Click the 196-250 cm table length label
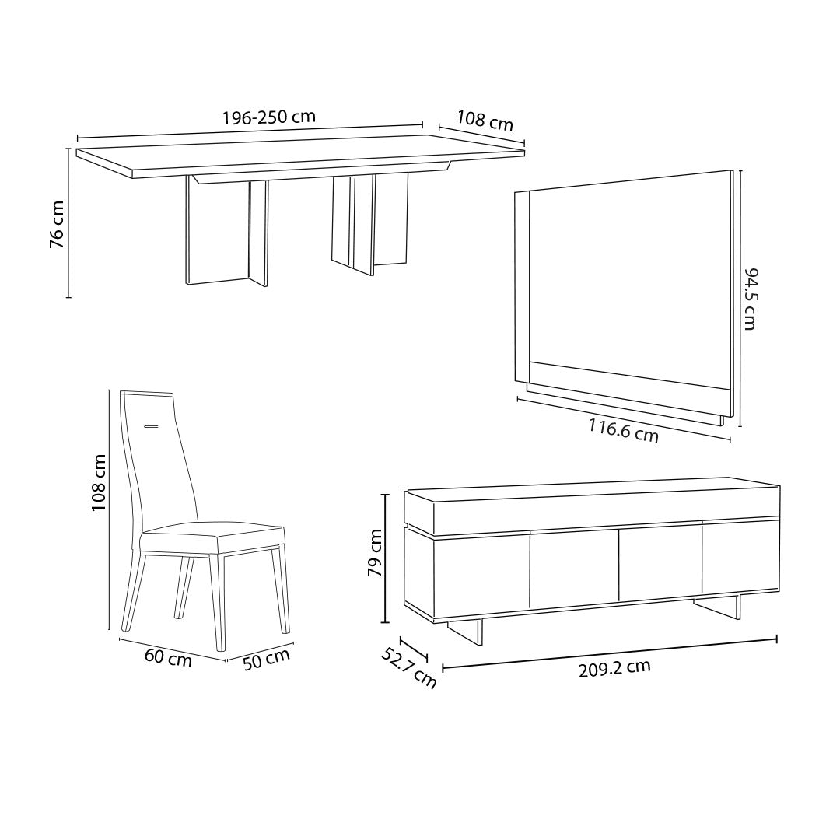point(269,117)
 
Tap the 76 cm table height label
point(57,224)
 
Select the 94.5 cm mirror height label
point(750,299)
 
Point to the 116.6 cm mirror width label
point(623,431)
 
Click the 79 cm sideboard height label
point(374,552)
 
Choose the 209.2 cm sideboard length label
point(614,668)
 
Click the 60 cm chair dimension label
point(168,657)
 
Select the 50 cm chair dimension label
point(266,660)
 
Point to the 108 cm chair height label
point(99,482)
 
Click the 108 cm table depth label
point(485,121)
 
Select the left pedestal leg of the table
point(226,231)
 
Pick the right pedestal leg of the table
point(369,223)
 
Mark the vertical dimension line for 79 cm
point(385,558)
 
